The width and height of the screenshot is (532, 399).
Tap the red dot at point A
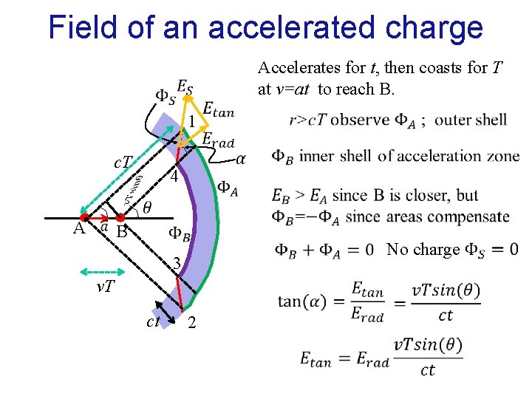pyautogui.click(x=84, y=218)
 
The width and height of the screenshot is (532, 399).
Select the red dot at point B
pyautogui.click(x=120, y=218)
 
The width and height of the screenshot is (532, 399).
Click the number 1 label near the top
pyautogui.click(x=190, y=122)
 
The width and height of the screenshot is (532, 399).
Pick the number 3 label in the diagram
pyautogui.click(x=176, y=264)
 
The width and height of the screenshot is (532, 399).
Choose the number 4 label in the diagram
pyautogui.click(x=173, y=178)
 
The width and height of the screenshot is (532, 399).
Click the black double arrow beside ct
pyautogui.click(x=164, y=312)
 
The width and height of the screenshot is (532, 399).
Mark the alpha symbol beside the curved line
pyautogui.click(x=241, y=159)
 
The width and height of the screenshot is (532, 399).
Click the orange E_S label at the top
pyautogui.click(x=185, y=87)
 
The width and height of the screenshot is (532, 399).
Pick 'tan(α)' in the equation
pyautogui.click(x=302, y=301)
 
